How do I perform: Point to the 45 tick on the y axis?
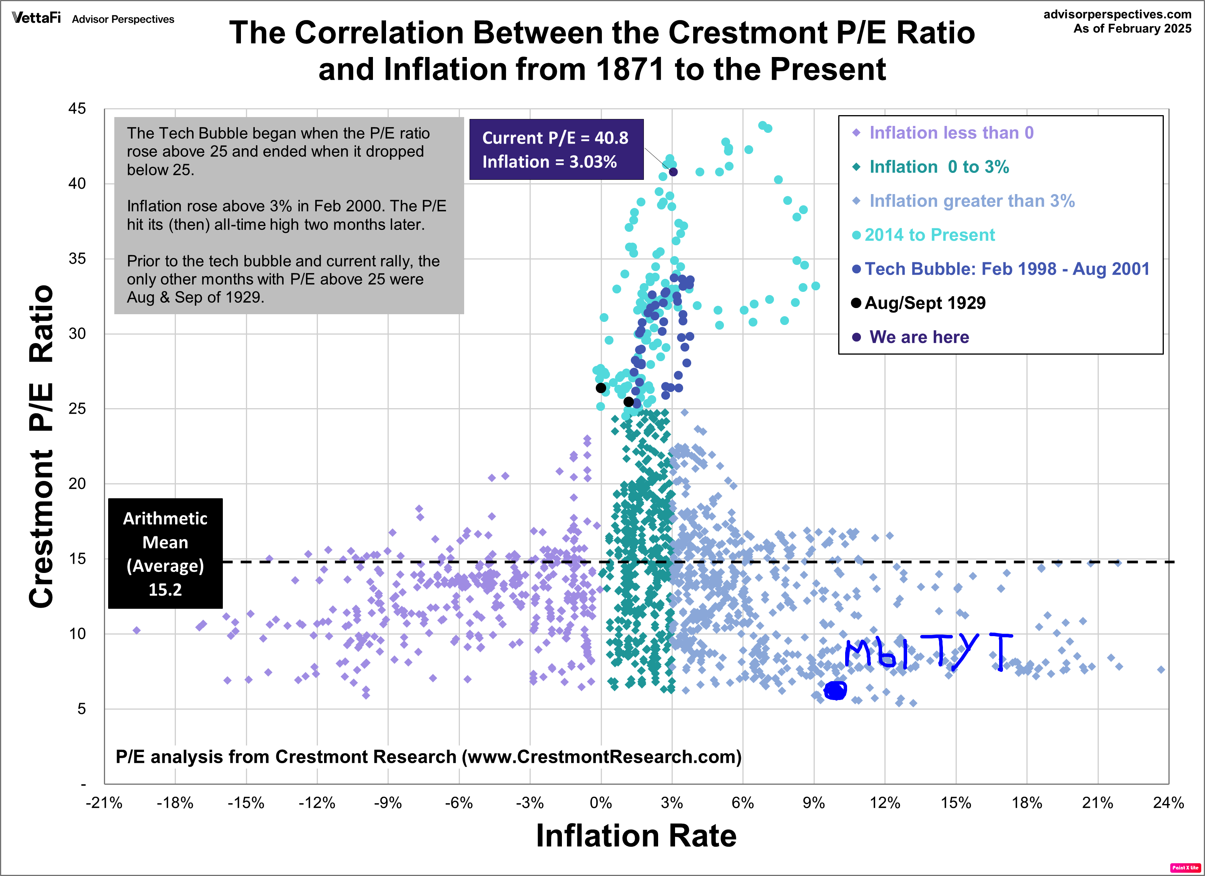pyautogui.click(x=77, y=109)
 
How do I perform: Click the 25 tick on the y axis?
pyautogui.click(x=77, y=409)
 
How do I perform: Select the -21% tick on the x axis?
pyautogui.click(x=104, y=802)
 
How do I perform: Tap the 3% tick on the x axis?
pyautogui.click(x=672, y=802)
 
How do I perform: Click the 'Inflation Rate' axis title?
pyautogui.click(x=636, y=836)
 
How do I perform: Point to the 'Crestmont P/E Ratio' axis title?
pyautogui.click(x=42, y=447)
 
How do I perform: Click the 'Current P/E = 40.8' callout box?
pyautogui.click(x=556, y=149)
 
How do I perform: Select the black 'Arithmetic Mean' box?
pyautogui.click(x=165, y=553)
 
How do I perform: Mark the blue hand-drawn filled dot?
pyautogui.click(x=835, y=690)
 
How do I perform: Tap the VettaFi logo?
pyautogui.click(x=36, y=18)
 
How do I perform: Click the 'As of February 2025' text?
pyautogui.click(x=1131, y=29)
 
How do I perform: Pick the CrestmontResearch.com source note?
pyautogui.click(x=428, y=756)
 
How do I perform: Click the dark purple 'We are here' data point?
pyautogui.click(x=673, y=172)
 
